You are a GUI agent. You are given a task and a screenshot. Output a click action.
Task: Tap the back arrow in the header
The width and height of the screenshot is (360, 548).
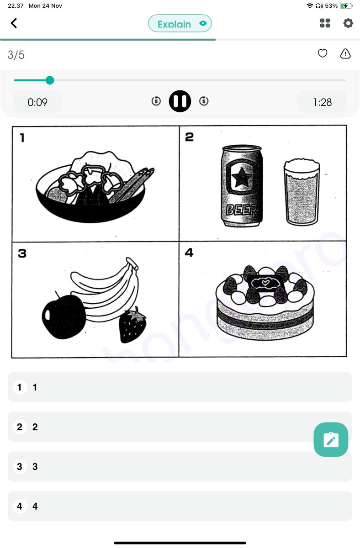(x=14, y=23)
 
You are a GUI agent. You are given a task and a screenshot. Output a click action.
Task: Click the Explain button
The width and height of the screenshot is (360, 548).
(x=180, y=24)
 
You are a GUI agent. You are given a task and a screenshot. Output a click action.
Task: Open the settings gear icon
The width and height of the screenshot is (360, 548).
(x=348, y=23)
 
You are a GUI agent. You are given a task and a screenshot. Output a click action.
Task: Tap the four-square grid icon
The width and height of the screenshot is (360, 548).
(x=325, y=23)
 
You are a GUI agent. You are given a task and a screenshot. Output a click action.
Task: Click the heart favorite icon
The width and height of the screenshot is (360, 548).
(x=323, y=54)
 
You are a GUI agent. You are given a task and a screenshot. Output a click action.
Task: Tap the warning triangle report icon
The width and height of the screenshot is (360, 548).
(x=345, y=54)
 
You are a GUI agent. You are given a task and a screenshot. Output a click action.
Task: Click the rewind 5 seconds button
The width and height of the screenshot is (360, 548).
(x=156, y=101)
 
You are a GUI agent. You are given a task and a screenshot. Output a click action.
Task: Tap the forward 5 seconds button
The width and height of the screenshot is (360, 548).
(x=204, y=101)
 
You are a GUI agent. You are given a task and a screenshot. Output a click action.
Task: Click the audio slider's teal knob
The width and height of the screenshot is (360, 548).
(x=50, y=80)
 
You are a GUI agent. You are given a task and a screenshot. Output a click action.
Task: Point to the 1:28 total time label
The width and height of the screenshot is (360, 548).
(x=322, y=102)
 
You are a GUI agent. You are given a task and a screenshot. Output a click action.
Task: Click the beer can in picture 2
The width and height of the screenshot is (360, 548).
(x=241, y=186)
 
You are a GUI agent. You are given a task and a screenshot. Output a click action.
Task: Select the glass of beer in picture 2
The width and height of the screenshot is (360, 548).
(x=302, y=192)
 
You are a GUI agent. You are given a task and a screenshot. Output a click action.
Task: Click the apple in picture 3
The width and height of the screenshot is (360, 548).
(x=64, y=316)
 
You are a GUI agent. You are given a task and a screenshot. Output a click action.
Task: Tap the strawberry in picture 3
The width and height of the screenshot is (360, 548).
(x=132, y=326)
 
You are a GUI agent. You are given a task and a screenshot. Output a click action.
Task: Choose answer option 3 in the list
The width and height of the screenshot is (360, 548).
(x=180, y=466)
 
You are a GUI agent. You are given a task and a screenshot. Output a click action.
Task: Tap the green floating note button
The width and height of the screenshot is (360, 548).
(x=331, y=440)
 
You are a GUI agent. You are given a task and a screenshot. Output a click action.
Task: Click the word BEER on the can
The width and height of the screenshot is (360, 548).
(x=241, y=211)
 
